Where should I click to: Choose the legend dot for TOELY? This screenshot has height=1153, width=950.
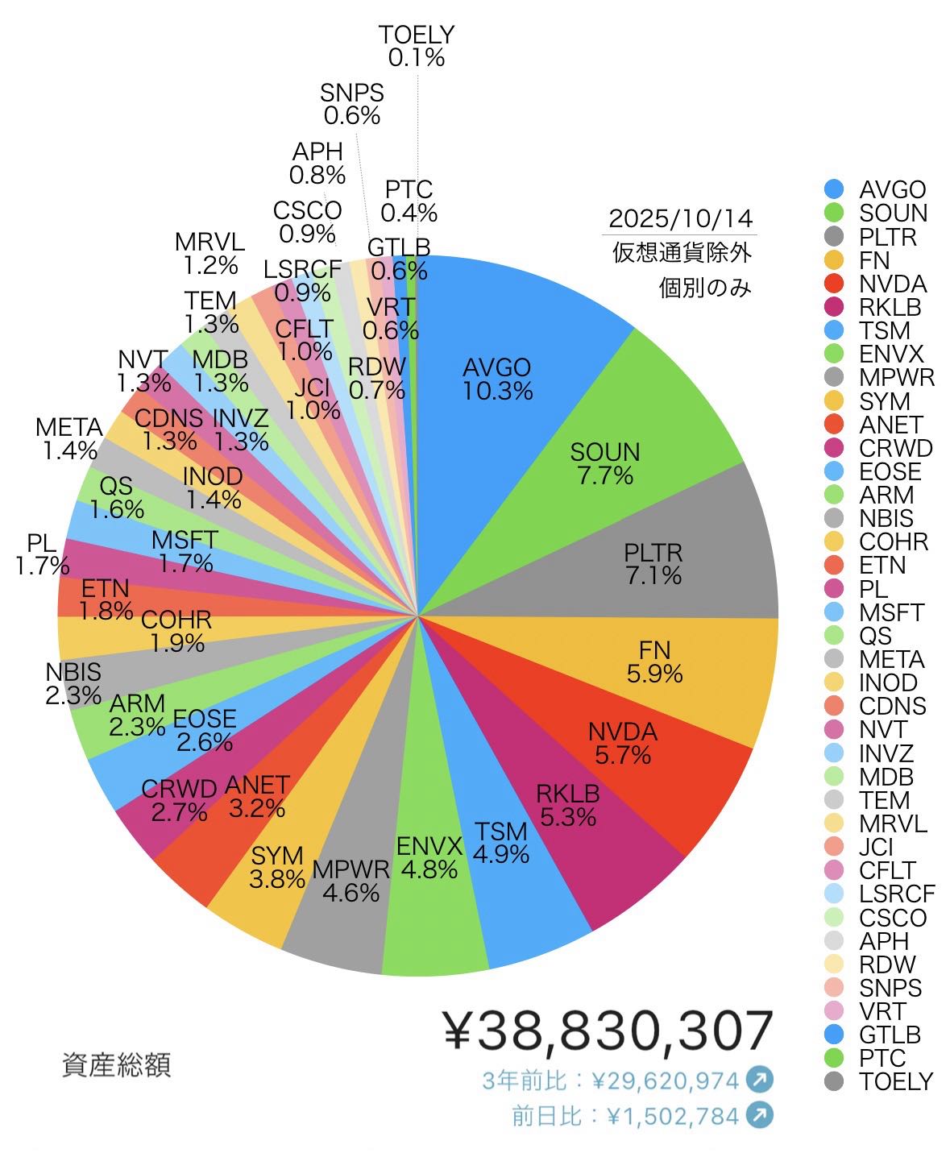point(834,1081)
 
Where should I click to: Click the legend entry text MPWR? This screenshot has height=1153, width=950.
point(897,377)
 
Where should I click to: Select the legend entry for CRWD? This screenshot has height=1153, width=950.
point(895,448)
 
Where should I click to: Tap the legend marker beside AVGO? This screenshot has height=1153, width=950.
point(834,190)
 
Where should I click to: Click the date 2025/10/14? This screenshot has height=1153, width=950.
point(680,218)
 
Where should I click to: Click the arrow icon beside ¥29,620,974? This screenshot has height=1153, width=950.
point(759,1079)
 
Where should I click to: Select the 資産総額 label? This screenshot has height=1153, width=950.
point(116,1065)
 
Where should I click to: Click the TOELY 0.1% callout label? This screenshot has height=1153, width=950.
point(417,46)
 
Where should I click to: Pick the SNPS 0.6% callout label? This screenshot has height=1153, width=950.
point(352,104)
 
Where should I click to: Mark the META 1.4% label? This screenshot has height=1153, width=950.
point(69,438)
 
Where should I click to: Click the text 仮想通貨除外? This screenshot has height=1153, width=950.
point(682,253)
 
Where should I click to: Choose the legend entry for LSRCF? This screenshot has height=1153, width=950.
point(897,894)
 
